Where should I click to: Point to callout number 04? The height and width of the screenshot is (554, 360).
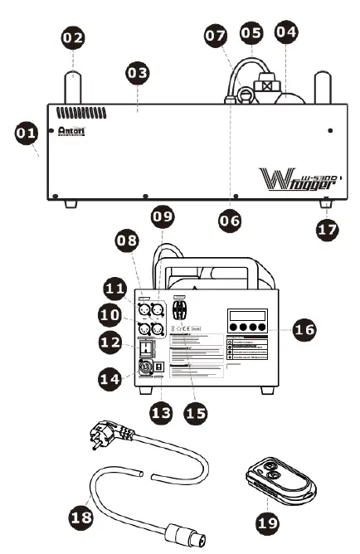(285, 32)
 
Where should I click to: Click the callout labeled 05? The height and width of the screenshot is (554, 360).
(251, 32)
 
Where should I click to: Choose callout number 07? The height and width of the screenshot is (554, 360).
(216, 36)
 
